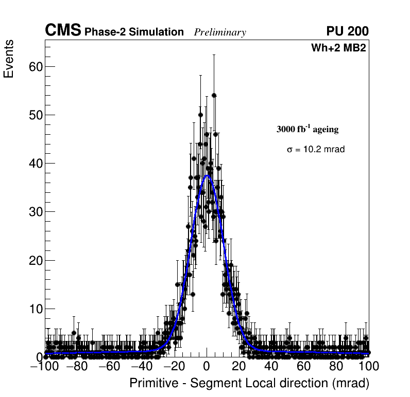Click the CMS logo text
coord(63,31)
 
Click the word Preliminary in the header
coord(220,32)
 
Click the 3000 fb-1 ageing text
coord(307,129)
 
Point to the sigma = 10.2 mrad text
coord(316,149)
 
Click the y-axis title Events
coord(9,59)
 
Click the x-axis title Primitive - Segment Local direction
coord(249,383)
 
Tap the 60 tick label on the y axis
coord(35,66)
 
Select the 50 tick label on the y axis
coord(35,115)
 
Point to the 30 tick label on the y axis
coord(35,212)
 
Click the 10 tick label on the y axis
coord(35,309)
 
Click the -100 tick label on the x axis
coord(45,367)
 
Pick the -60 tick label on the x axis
coord(110,367)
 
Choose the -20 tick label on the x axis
coord(175,367)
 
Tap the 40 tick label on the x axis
coord(271,367)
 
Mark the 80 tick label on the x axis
coord(336,367)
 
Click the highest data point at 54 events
coord(214,95)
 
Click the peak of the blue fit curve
coord(208,175)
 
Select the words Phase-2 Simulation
coord(134,32)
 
